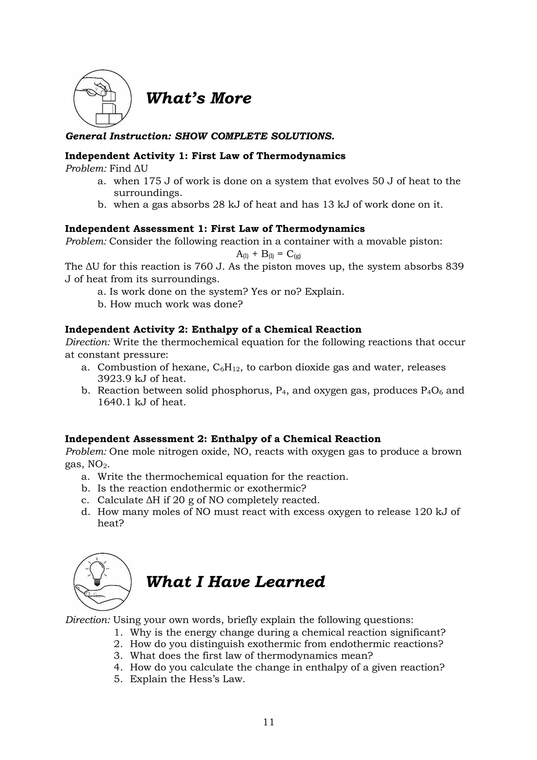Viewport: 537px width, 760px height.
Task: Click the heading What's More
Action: [x=198, y=98]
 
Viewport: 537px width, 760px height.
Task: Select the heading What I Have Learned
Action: [x=235, y=582]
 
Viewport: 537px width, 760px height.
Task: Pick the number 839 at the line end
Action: [x=455, y=266]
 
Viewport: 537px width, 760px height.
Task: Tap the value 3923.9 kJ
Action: [x=121, y=379]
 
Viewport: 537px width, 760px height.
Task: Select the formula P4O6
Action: [x=432, y=390]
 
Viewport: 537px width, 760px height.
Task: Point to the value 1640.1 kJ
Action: [x=121, y=402]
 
